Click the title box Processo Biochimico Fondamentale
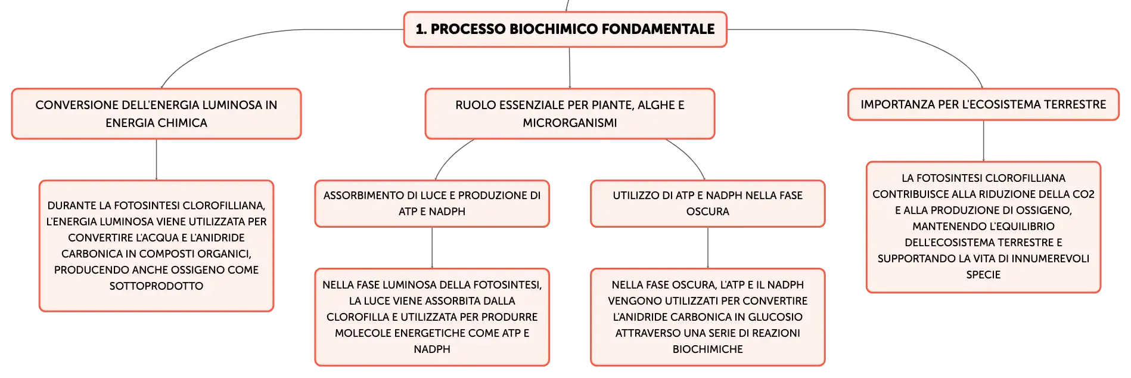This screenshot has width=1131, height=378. pos(565,29)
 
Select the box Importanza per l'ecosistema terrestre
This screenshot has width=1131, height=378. pos(983,104)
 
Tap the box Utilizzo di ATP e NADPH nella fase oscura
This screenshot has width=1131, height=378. pos(707,203)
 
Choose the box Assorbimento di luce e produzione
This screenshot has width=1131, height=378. pos(432,203)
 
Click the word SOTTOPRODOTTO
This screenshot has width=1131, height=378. pos(156,286)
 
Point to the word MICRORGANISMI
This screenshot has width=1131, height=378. pos(570,123)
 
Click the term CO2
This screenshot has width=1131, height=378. pos(1083,194)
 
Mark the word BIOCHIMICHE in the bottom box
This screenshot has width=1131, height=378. pos(707,349)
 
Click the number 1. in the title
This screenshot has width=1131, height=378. pos(421,29)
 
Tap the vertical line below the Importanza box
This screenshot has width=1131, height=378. pos(983,141)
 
